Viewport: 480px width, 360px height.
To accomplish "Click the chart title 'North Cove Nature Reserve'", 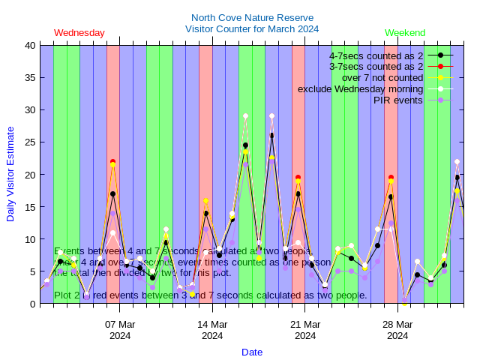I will pos(252,17).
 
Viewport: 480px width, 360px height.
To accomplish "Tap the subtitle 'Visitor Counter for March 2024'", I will pos(252,29).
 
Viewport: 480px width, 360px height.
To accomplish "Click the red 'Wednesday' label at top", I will pos(79,33).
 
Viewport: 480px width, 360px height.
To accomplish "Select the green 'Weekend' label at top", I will pos(405,33).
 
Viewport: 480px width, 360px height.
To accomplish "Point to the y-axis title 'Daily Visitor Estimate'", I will pos(10,175).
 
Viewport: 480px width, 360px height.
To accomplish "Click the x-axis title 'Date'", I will pos(252,352).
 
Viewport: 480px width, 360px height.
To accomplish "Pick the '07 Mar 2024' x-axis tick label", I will pos(120,330).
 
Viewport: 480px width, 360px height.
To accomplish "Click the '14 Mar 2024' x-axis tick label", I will pos(212,330).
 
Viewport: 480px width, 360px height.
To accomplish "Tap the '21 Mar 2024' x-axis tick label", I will pos(305,330).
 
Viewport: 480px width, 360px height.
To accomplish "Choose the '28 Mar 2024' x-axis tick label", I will pos(397,330).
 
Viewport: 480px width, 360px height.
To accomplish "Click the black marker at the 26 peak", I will pos(271,136).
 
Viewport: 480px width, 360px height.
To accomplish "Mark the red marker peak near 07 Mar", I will pos(112,161).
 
